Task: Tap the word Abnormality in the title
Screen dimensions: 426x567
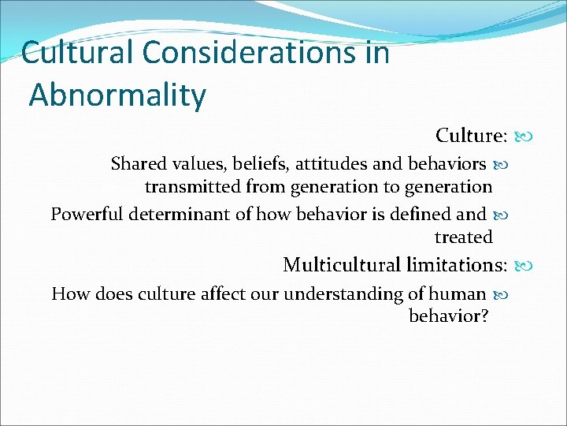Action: (x=117, y=95)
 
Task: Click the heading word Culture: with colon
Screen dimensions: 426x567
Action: (x=471, y=136)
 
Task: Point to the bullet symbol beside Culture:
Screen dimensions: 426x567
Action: (x=523, y=136)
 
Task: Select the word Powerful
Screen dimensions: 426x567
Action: (x=86, y=214)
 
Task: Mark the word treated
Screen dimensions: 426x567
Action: (x=463, y=237)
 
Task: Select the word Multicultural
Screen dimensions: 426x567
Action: (x=343, y=264)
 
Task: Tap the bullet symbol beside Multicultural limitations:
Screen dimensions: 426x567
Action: (x=523, y=265)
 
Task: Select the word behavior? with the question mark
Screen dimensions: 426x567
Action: (x=450, y=317)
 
